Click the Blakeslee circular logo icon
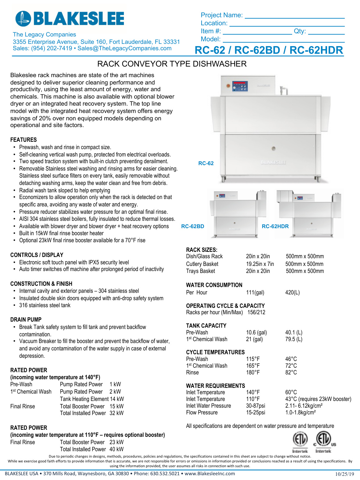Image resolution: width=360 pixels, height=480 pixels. click(x=23, y=19)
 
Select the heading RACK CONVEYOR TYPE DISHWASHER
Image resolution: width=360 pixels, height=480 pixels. click(x=172, y=64)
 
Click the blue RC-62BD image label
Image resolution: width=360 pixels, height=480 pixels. click(x=193, y=227)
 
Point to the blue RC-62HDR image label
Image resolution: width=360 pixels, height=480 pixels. click(x=275, y=227)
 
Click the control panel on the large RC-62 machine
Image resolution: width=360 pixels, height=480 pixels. click(x=240, y=86)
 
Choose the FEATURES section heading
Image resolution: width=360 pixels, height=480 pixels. click(x=23, y=140)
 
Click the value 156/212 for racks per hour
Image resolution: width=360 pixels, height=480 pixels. click(x=256, y=312)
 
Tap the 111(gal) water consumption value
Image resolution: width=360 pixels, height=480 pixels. click(x=255, y=292)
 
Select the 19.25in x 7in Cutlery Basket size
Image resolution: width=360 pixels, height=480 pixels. click(x=260, y=264)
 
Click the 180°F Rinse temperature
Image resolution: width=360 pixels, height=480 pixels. click(x=253, y=372)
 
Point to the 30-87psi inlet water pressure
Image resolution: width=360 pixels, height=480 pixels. click(x=255, y=406)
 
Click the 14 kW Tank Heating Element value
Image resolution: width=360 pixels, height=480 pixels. click(x=117, y=399)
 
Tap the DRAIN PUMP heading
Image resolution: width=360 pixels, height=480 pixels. click(x=26, y=320)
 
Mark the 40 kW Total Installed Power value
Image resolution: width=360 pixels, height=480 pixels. click(x=116, y=449)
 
